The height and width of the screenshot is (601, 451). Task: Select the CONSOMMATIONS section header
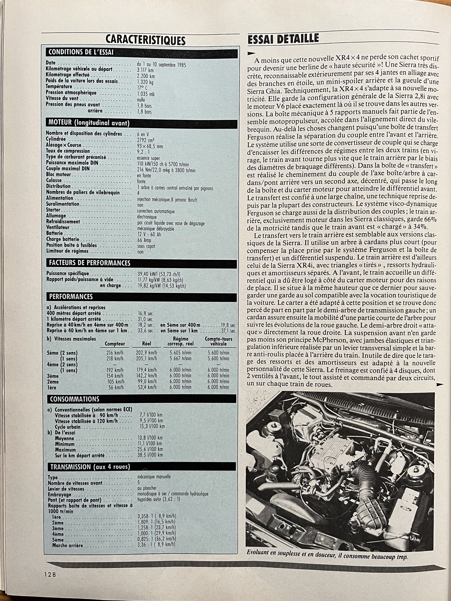[75, 399]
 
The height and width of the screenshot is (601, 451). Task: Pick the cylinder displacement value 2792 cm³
[146, 140]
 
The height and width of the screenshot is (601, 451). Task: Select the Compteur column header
[115, 344]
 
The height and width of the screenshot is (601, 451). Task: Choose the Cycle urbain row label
[68, 427]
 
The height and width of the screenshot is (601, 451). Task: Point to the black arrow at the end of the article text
[439, 384]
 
